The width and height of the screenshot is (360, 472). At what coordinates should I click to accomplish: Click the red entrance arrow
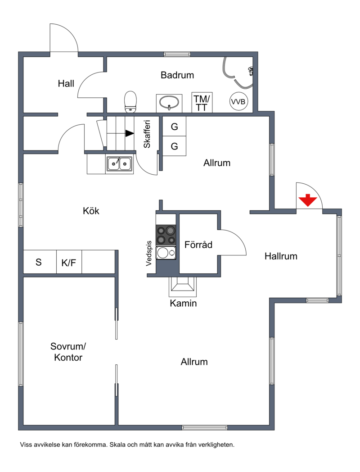[x=308, y=200]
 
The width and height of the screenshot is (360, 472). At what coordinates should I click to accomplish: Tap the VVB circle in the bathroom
[x=238, y=101]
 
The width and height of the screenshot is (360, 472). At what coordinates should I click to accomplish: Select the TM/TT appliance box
[x=202, y=103]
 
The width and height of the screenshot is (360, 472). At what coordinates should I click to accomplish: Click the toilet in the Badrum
[x=130, y=102]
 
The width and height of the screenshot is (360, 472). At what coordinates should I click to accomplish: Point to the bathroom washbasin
[x=169, y=103]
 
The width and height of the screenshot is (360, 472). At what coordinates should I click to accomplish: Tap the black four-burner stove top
[x=166, y=235]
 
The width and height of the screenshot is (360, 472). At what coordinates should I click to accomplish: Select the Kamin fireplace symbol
[x=183, y=286]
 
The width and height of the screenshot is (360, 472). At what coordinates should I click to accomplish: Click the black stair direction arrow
[x=130, y=133]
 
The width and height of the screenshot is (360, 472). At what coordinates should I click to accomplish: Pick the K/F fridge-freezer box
[x=69, y=262]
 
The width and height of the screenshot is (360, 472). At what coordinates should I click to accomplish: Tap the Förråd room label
[x=198, y=245]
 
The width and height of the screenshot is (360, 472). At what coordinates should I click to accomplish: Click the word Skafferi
[x=147, y=134]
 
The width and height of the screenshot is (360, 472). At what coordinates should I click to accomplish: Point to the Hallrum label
[x=281, y=256]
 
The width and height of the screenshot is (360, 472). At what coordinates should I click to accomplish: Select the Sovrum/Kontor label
[x=68, y=352]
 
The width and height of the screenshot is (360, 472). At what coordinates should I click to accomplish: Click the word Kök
[x=91, y=211]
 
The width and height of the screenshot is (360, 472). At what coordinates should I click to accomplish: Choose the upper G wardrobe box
[x=175, y=127]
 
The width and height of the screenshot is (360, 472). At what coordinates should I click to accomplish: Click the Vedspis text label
[x=148, y=254]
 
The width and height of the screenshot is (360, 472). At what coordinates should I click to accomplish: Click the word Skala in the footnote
[x=117, y=445]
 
